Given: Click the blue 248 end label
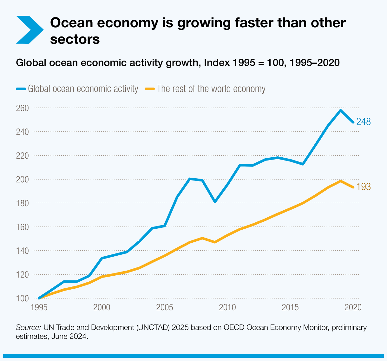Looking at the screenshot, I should (x=363, y=122).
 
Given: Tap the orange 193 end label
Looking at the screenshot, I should (x=363, y=187).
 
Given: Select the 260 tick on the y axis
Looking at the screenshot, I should (x=22, y=108).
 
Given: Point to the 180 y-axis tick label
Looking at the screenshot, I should (x=22, y=203).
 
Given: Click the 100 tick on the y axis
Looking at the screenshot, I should (x=22, y=298).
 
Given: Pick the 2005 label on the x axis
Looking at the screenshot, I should (x=164, y=307).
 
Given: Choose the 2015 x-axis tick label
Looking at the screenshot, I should (x=290, y=307).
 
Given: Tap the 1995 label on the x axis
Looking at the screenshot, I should (x=39, y=307).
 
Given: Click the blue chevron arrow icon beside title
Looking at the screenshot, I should (x=29, y=30).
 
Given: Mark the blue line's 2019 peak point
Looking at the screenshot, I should (x=340, y=110).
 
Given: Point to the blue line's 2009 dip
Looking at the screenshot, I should (x=215, y=202).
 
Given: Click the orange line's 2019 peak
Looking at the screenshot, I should (x=340, y=181).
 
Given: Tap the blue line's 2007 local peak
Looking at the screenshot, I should (x=190, y=179).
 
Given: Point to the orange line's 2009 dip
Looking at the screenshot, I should (x=215, y=242).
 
